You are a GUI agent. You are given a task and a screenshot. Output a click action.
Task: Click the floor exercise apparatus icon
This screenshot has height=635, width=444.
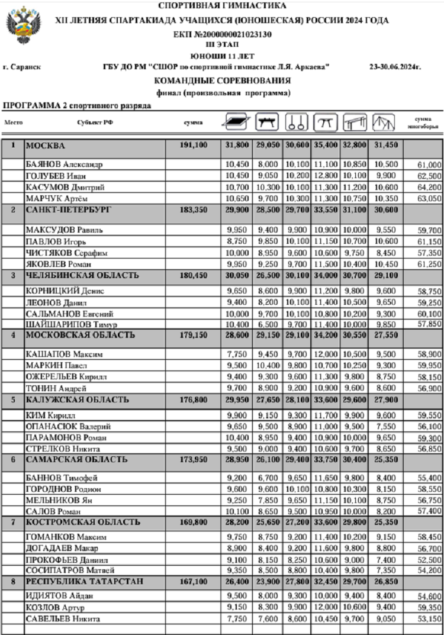[236, 122]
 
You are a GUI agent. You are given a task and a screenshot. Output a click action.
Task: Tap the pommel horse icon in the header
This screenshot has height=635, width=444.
[266, 123]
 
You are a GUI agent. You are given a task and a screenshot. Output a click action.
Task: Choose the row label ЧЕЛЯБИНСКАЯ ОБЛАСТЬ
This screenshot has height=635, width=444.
[82, 275]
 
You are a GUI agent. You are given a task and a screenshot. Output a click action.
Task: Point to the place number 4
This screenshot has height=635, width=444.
[12, 335]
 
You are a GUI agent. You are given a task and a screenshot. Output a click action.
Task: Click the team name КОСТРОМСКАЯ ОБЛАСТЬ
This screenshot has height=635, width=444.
[83, 521]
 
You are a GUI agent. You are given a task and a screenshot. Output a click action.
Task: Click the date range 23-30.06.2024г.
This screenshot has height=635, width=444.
[395, 68]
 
